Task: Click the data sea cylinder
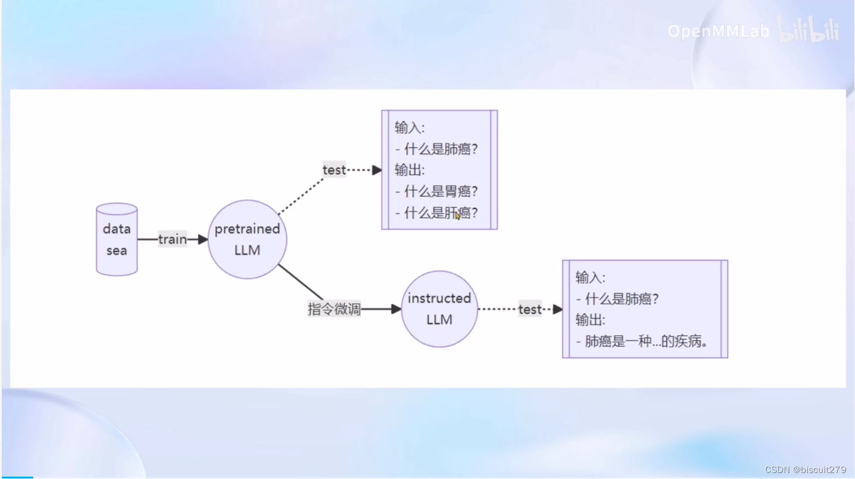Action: click(117, 239)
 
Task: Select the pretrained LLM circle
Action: click(247, 239)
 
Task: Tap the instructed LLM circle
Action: click(439, 309)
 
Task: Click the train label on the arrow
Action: click(172, 239)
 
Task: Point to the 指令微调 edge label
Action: click(334, 309)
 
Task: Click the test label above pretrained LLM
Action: click(334, 170)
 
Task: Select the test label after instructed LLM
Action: click(530, 309)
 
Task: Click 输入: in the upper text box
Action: click(410, 127)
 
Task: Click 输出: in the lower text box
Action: click(590, 320)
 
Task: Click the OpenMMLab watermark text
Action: click(718, 31)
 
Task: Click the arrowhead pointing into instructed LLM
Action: click(397, 309)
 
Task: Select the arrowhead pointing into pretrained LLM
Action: click(203, 239)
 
